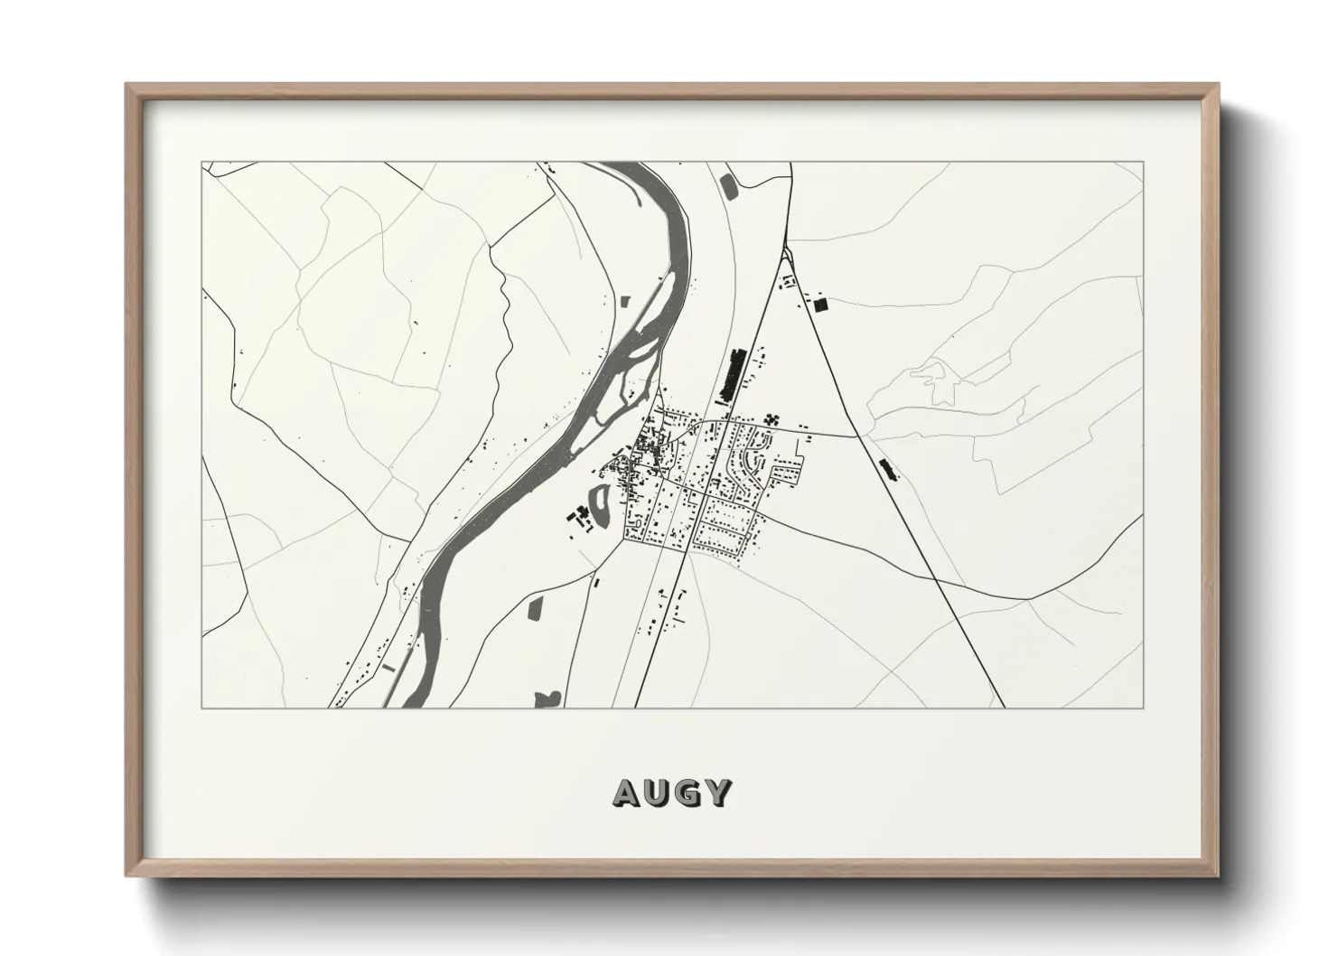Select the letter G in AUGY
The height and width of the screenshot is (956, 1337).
coord(688,792)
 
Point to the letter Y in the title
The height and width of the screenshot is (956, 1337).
coord(718,792)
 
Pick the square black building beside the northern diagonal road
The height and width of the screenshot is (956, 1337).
coord(820,305)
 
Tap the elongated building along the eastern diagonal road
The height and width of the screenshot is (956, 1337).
coord(889,468)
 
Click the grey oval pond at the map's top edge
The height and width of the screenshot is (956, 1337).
coord(728,186)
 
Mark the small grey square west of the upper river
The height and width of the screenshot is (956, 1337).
coord(622,298)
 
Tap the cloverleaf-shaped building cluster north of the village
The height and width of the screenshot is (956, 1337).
coord(771,418)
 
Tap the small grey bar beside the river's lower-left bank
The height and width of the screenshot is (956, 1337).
coord(389,666)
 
